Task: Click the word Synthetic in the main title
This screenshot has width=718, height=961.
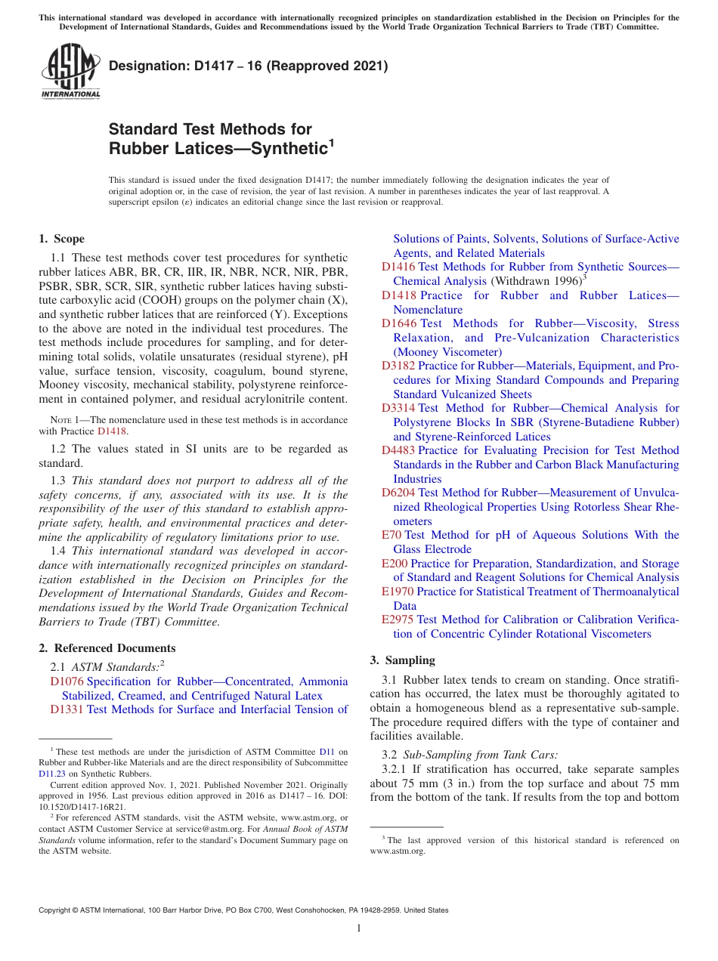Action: [x=288, y=148]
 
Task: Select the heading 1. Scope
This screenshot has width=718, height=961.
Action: [x=61, y=239]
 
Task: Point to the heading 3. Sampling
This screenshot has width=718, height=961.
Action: [x=402, y=660]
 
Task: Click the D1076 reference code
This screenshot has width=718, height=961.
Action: [x=67, y=681]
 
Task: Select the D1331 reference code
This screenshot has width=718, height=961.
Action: [x=67, y=709]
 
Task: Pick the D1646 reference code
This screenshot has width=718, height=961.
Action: [x=398, y=323]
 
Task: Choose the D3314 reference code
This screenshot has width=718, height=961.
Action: [x=398, y=408]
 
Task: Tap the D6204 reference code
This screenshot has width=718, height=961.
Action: [x=398, y=493]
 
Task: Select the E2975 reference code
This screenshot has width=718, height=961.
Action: [x=398, y=620]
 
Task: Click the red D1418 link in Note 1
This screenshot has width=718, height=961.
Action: [x=112, y=431]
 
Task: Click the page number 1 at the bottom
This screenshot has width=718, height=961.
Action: [x=359, y=929]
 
